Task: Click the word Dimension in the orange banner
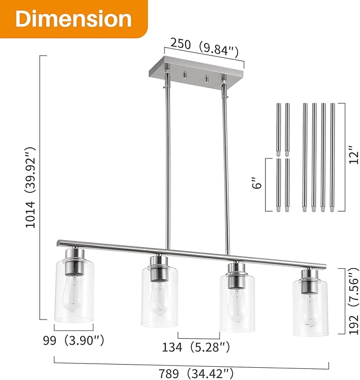click(x=73, y=19)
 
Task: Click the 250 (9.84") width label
click(x=204, y=47)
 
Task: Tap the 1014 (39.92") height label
click(x=31, y=188)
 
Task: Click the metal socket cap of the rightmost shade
click(x=308, y=277)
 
